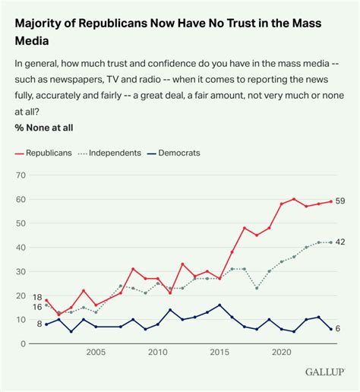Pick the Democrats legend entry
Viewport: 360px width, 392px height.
point(173,153)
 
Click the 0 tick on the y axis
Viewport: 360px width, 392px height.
point(23,344)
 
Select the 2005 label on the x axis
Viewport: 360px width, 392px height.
point(96,352)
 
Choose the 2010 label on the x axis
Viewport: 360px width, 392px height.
point(158,352)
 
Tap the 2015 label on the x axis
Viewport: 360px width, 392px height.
point(220,352)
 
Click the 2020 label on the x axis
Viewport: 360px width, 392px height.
point(282,352)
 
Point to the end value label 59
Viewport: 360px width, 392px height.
point(341,202)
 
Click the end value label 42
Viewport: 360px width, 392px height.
point(341,242)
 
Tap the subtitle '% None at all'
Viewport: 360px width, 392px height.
point(44,128)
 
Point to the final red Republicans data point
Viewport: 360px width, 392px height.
point(331,201)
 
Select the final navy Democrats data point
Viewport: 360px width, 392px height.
point(331,329)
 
